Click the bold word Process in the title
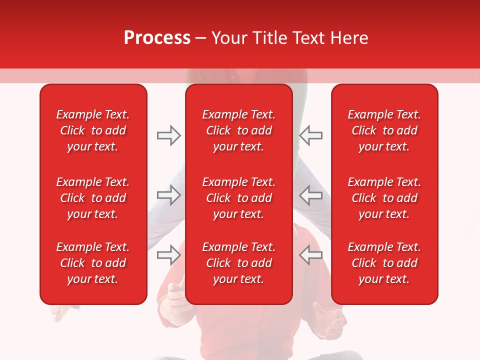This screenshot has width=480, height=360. click(x=157, y=38)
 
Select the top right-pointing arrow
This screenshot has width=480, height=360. click(x=168, y=135)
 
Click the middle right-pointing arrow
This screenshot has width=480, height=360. click(x=168, y=195)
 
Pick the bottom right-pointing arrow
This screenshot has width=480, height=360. click(x=168, y=255)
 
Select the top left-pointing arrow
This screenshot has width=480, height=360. click(x=311, y=135)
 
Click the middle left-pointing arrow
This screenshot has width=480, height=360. click(x=311, y=195)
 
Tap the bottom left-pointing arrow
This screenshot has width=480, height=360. click(x=311, y=255)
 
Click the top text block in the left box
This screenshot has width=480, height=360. click(x=93, y=130)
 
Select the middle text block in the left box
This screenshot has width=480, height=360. click(x=93, y=198)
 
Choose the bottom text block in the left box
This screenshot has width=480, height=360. click(x=93, y=263)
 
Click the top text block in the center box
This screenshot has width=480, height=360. click(x=238, y=130)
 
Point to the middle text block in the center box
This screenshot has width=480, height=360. click(x=238, y=198)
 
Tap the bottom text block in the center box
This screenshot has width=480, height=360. click(x=238, y=263)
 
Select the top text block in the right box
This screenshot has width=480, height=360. click(x=384, y=130)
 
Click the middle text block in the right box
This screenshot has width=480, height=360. click(x=384, y=198)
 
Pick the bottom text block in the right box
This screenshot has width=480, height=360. click(x=384, y=263)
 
